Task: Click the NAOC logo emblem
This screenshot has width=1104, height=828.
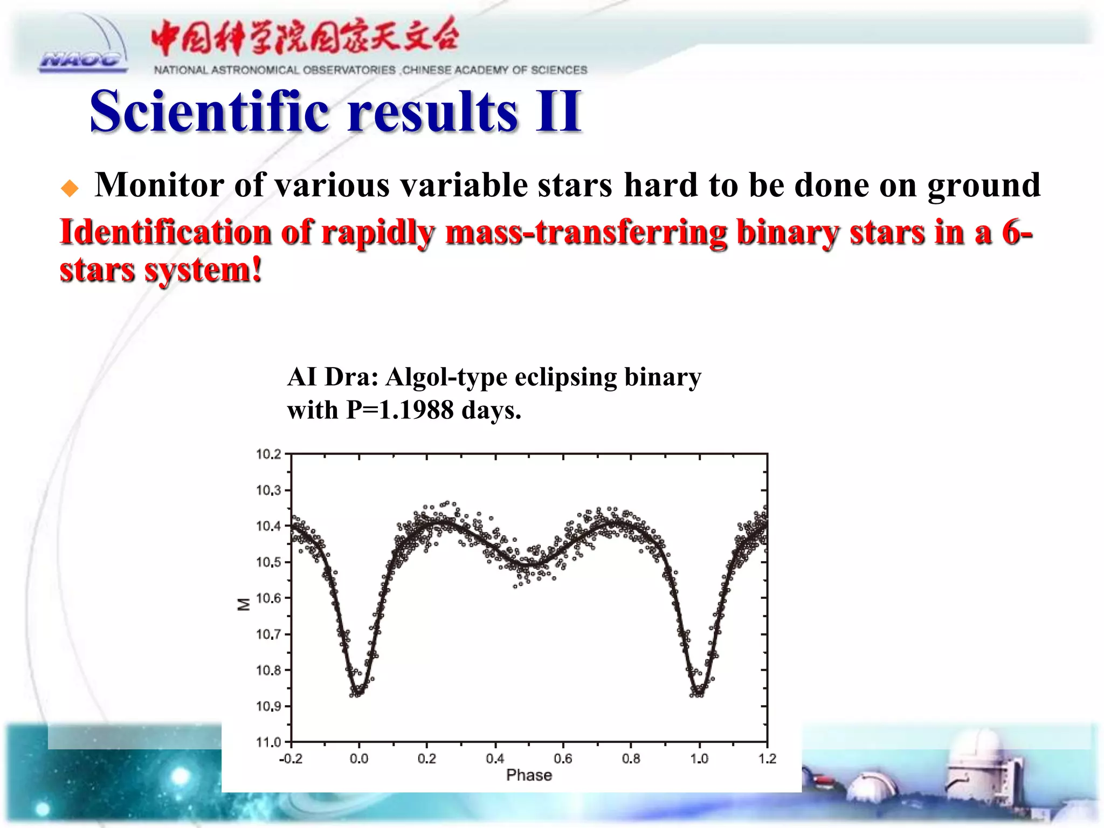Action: click(x=84, y=49)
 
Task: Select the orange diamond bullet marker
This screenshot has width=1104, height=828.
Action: click(x=70, y=189)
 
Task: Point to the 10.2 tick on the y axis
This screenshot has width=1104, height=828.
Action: click(x=268, y=454)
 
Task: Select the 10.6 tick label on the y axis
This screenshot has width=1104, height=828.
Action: click(x=268, y=598)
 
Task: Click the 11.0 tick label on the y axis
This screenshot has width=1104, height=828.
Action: click(x=268, y=742)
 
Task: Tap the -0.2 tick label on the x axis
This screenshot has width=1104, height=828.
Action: click(x=291, y=759)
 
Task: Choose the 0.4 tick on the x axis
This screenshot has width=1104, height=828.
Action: click(x=495, y=759)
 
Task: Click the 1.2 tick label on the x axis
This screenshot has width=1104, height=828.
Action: click(x=767, y=759)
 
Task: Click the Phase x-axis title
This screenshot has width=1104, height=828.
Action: click(x=529, y=775)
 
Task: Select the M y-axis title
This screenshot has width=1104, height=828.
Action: click(x=244, y=604)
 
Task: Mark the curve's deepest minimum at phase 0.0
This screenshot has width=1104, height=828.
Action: click(x=358, y=692)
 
